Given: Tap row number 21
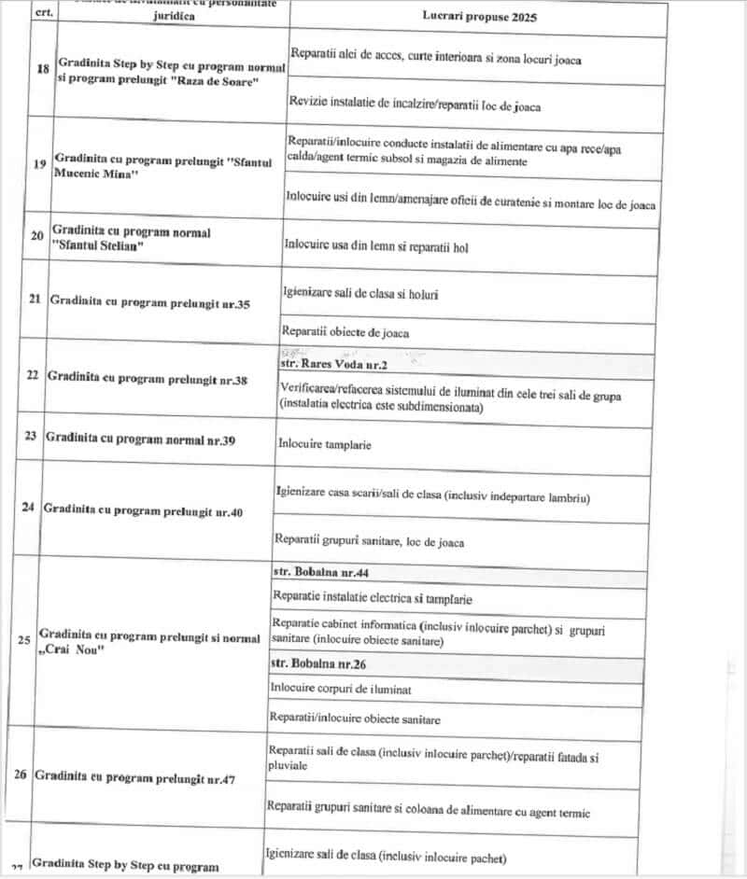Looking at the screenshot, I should (35, 300).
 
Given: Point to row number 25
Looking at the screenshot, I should (24, 639).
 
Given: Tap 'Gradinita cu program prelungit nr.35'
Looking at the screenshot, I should (150, 302).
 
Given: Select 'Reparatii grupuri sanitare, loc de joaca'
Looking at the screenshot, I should (369, 540).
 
